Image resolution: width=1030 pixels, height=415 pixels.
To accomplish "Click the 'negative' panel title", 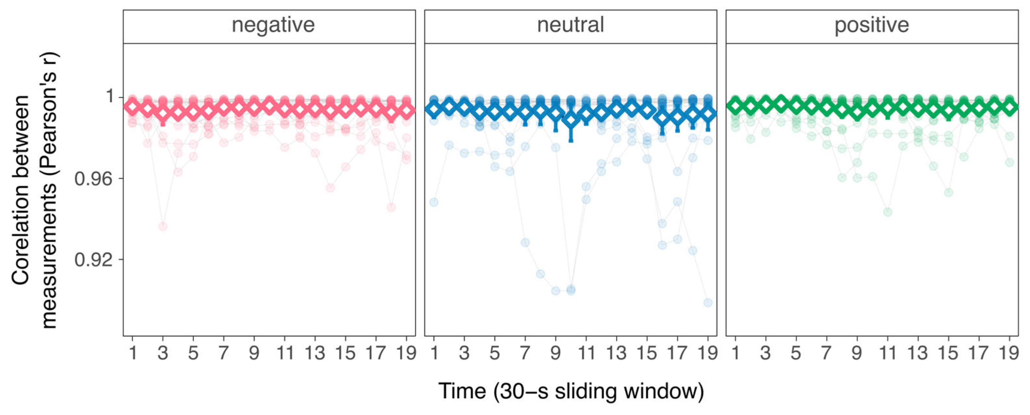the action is [273, 26].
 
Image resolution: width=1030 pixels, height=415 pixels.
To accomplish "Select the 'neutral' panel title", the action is [570, 25].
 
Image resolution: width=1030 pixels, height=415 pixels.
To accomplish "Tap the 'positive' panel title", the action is [872, 26].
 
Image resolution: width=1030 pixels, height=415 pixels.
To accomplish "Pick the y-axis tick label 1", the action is [109, 96].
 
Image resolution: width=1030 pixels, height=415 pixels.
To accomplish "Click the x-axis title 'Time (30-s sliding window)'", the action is [571, 391].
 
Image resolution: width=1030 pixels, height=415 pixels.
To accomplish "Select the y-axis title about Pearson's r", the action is [35, 190].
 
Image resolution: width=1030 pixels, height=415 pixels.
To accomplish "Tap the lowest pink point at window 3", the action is [163, 227].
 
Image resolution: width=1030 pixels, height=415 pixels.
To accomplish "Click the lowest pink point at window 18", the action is [391, 207].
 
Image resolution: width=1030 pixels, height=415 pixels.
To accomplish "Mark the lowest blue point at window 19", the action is [708, 302].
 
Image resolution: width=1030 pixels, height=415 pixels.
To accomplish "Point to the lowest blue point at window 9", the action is [555, 290].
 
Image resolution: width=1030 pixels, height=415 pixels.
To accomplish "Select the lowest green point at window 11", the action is [888, 212].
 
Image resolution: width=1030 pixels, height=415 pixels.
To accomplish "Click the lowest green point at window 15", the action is [949, 192].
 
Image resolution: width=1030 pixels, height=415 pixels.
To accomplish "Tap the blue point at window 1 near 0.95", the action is [434, 202].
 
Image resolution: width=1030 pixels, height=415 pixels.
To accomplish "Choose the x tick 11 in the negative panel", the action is [285, 353].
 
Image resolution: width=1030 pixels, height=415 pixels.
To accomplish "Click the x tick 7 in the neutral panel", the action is [525, 353].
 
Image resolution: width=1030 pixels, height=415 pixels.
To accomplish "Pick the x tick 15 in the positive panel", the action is [949, 353].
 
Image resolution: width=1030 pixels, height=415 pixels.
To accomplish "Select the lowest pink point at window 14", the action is [330, 188].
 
